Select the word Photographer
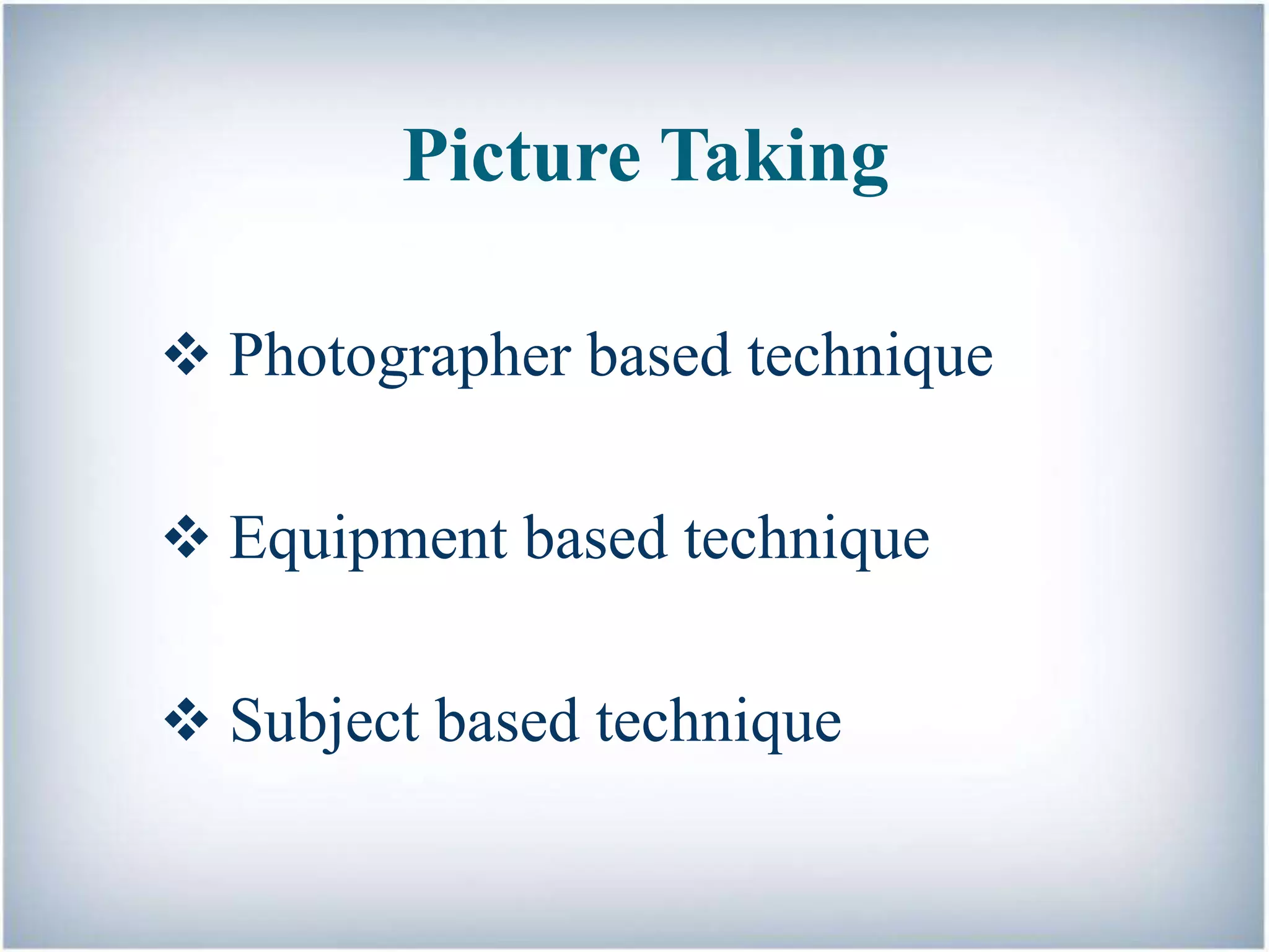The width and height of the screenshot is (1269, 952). coord(400,356)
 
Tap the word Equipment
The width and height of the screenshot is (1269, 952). coord(369,538)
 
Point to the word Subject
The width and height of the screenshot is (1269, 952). coord(325,721)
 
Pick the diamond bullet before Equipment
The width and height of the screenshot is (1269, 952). coord(186,537)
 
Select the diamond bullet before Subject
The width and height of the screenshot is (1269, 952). coord(186,720)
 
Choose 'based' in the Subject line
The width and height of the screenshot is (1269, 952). coord(507,720)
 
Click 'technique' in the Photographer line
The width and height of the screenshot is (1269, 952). coord(870,356)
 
